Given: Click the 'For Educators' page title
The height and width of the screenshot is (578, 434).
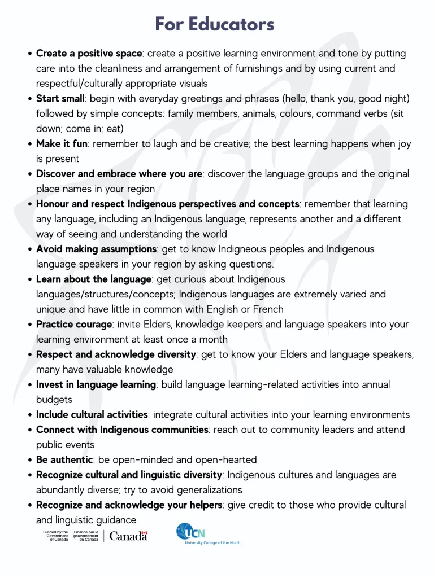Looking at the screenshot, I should point(215,24).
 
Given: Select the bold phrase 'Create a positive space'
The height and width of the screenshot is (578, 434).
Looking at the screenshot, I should point(89,54).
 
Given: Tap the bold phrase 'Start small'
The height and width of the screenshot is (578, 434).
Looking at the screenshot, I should point(60,99).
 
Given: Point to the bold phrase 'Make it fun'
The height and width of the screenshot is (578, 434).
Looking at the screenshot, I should point(62,144).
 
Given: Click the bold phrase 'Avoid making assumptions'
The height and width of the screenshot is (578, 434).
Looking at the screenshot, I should point(96,249).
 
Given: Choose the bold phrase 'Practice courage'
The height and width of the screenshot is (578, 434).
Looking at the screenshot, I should point(74,325).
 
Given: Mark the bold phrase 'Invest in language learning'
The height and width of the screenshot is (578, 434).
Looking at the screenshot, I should point(96,384).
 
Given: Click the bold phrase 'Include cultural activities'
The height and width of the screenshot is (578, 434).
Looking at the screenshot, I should point(92,415).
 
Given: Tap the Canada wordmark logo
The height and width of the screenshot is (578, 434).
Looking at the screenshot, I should point(128,536).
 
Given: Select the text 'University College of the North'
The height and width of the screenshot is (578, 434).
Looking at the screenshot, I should point(212,542).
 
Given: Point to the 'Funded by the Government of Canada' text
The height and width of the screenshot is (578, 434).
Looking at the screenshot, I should point(55,536).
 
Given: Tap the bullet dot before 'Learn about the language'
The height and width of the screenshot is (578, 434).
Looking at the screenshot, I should point(30,279).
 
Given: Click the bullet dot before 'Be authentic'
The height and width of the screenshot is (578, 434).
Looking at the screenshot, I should point(30,460).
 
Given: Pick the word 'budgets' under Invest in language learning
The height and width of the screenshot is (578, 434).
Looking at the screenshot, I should point(54,400).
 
